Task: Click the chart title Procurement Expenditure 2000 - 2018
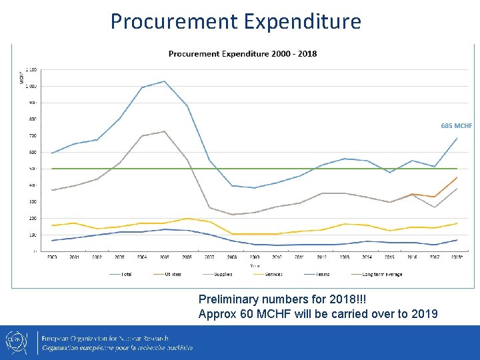[x=243, y=54]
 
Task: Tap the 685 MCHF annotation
[x=456, y=125]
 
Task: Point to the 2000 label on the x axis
[x=51, y=257]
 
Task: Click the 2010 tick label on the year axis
[x=277, y=257]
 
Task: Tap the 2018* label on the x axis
[x=457, y=257]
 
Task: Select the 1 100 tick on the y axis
[x=31, y=70]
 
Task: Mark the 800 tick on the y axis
[x=33, y=119]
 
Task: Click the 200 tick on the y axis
[x=33, y=218]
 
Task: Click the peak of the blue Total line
[x=164, y=81]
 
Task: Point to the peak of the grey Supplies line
[x=164, y=131]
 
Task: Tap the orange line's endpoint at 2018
[x=457, y=177]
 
